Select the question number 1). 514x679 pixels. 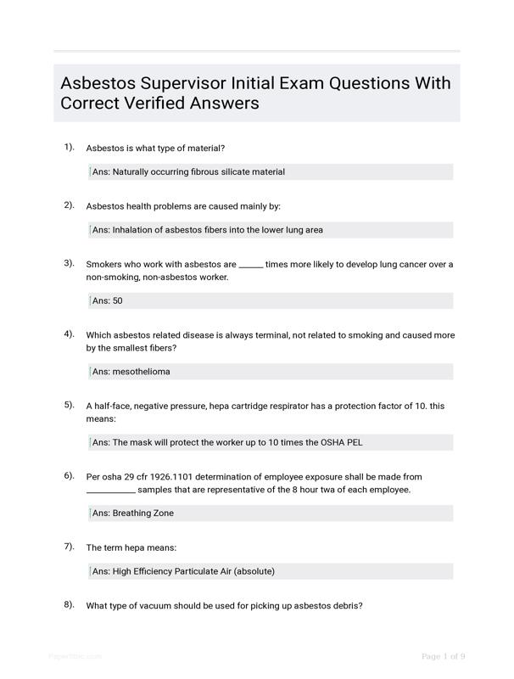[x=69, y=147]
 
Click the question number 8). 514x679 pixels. [x=69, y=604]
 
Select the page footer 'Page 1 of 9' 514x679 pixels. [x=443, y=656]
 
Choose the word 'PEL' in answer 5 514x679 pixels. [x=353, y=443]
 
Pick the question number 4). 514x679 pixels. [x=69, y=334]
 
